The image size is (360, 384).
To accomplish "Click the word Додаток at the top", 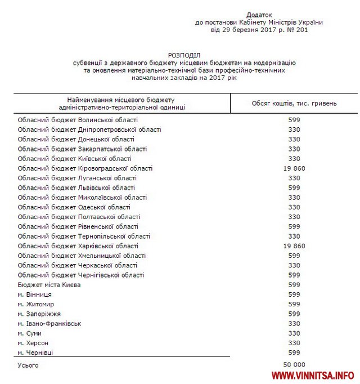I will point(259,14).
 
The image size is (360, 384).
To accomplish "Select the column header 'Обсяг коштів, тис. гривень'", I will point(294,103).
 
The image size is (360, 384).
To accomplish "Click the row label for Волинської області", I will point(78,120).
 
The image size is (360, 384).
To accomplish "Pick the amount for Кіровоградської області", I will point(294,168).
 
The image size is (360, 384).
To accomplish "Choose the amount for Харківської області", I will point(294,246).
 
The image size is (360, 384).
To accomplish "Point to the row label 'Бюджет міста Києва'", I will point(49,285).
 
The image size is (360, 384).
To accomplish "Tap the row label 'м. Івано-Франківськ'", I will point(49,323).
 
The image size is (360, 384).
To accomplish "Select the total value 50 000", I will point(294,365).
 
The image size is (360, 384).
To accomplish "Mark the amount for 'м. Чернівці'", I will point(294,352).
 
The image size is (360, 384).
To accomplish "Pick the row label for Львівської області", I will point(76,187).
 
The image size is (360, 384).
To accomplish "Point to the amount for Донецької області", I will point(294,139).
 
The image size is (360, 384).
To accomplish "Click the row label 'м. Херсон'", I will point(33,342).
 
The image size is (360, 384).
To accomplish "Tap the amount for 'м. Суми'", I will point(294,333).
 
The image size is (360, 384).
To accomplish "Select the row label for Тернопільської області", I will point(84,236).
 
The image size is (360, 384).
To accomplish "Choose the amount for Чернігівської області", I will point(294,275).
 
